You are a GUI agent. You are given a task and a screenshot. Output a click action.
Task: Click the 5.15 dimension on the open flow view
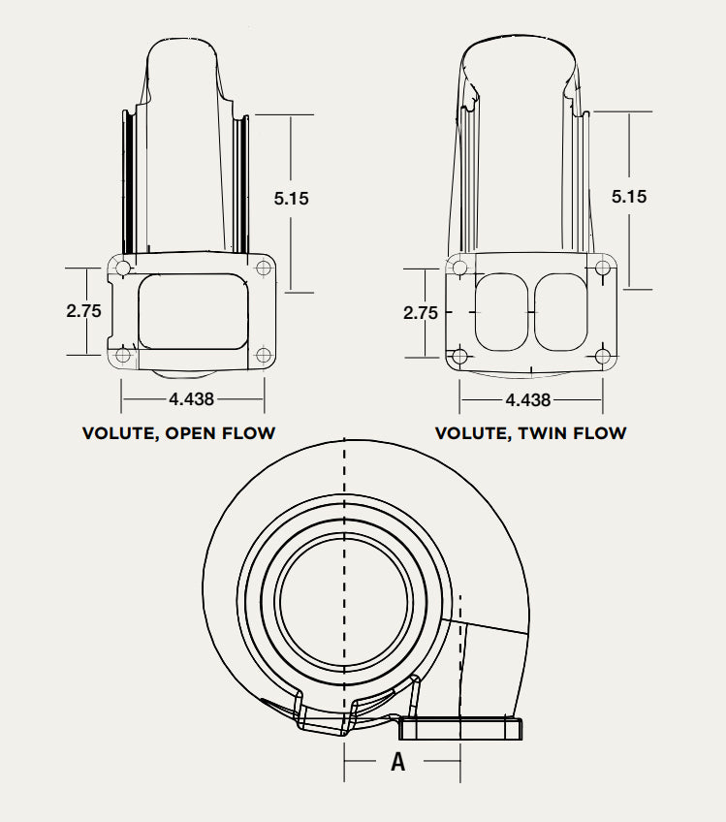[291, 198]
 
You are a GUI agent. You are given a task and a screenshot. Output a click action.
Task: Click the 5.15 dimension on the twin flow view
[629, 196]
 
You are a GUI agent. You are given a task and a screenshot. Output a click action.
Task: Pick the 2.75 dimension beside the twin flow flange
[421, 313]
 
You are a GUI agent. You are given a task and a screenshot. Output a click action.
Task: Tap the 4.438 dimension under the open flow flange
[191, 398]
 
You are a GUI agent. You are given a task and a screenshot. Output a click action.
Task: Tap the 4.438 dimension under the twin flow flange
[528, 399]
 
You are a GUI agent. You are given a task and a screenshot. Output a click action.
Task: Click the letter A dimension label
[397, 762]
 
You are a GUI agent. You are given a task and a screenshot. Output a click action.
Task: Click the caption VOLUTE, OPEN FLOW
[178, 433]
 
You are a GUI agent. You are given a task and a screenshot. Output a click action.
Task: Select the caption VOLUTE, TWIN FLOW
[530, 433]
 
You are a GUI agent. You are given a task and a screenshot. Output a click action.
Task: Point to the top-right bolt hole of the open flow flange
[264, 269]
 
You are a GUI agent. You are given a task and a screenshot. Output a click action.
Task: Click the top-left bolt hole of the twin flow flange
[460, 269]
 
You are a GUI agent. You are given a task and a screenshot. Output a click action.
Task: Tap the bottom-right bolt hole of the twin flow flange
[603, 356]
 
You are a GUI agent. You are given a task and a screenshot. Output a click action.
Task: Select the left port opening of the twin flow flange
[501, 312]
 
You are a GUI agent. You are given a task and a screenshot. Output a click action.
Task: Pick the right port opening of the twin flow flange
[561, 312]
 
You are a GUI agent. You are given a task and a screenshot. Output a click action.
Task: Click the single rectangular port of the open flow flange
[192, 311]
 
